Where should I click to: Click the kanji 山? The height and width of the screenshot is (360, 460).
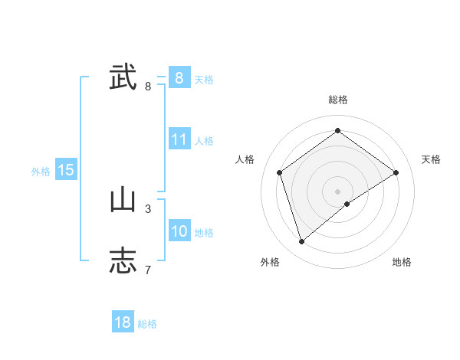[123, 200]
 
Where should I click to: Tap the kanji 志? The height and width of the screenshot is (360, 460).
[123, 260]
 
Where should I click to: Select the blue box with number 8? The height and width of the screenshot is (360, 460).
[179, 77]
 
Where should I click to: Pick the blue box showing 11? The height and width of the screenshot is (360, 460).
[179, 139]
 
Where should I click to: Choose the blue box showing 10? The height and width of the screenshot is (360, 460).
[179, 231]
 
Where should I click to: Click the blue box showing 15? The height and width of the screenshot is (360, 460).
[66, 170]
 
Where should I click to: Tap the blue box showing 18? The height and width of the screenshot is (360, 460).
[122, 322]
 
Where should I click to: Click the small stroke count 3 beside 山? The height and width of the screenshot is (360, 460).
[148, 208]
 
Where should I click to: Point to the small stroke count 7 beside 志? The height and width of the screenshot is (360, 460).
[148, 270]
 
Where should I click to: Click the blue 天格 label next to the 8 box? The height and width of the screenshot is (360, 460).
[204, 80]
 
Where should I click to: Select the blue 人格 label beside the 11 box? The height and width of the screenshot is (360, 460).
[204, 141]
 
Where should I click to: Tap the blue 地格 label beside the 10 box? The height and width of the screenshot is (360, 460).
[204, 233]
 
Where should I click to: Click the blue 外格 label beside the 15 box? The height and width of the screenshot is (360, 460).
[41, 172]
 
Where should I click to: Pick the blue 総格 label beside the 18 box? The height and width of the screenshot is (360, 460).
[147, 324]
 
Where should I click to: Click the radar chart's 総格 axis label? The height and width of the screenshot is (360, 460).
[337, 100]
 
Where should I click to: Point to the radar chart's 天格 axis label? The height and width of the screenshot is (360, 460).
[431, 159]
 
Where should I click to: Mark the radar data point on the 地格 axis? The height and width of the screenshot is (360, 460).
[347, 204]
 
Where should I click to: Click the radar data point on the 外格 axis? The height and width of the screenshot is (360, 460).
[302, 242]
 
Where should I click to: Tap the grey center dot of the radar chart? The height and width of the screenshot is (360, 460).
[337, 191]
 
